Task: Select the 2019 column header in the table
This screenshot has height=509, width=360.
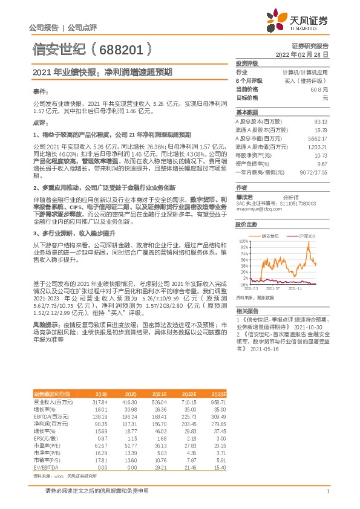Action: [x=100, y=393]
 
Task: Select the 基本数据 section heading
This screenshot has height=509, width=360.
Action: [x=247, y=112]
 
